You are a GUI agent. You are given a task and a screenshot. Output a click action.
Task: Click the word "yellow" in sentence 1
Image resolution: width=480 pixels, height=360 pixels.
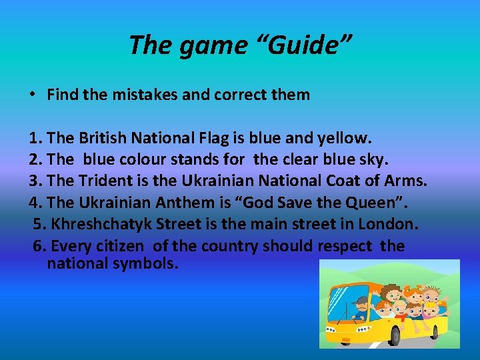coord(342,138)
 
